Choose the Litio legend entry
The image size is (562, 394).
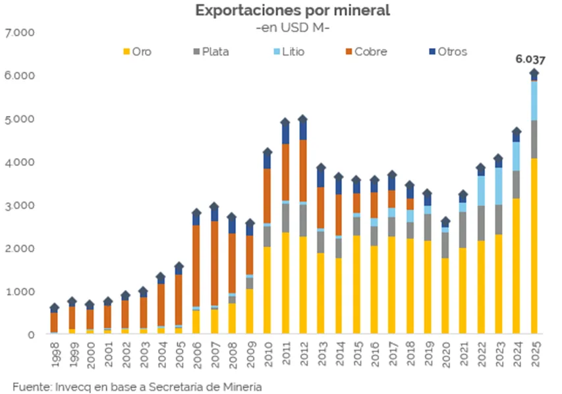(290, 51)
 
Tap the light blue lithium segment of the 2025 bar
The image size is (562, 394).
(534, 100)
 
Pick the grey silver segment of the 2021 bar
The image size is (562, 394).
(463, 229)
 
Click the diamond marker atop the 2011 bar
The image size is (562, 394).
(285, 122)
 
